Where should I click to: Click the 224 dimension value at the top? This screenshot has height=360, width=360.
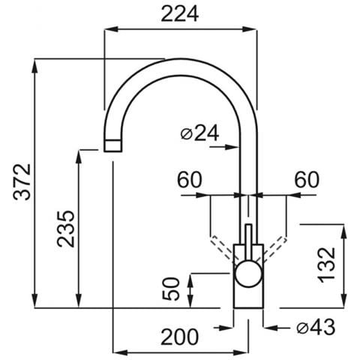(x=180, y=14)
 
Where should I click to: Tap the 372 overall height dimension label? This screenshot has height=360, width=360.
(x=22, y=182)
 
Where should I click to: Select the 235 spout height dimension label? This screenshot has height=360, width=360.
(x=66, y=229)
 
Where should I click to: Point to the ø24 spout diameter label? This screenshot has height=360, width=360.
(x=199, y=133)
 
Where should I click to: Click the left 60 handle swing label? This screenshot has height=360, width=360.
(x=189, y=179)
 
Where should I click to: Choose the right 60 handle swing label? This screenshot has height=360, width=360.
(x=307, y=179)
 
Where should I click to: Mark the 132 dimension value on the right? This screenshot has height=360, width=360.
(x=326, y=265)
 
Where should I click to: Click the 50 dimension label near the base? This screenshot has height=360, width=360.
(x=171, y=289)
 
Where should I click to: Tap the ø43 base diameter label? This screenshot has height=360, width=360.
(x=316, y=327)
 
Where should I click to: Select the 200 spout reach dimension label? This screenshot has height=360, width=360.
(x=180, y=337)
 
